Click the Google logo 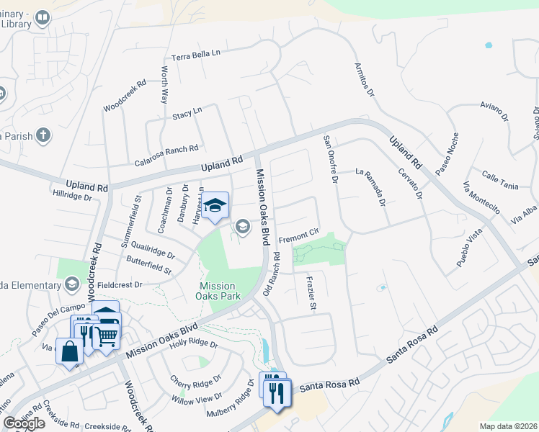coord(24,423)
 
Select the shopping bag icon coord(71,352)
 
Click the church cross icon coord(43,135)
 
